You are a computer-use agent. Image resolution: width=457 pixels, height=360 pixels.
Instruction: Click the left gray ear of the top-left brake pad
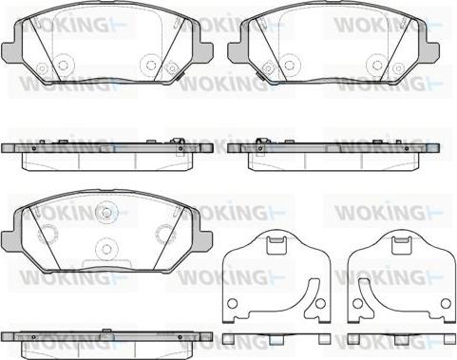[x=12, y=50]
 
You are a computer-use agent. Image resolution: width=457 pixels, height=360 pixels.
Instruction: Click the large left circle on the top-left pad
[x=63, y=65]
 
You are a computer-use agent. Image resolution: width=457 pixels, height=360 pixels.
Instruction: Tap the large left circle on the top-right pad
[x=289, y=65]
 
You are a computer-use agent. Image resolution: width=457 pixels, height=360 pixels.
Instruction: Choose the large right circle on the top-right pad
[x=377, y=65]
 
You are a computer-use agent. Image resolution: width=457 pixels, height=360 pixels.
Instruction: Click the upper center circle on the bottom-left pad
[x=105, y=212]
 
